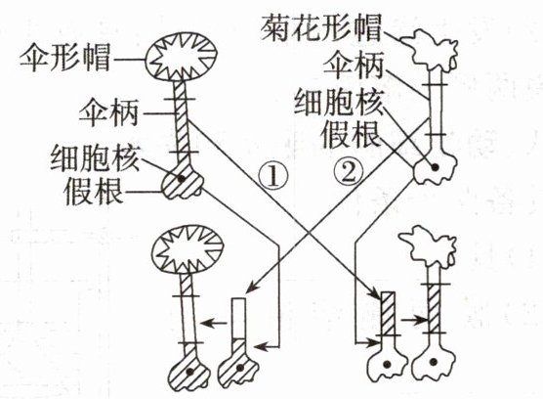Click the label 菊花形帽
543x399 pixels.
[321, 27]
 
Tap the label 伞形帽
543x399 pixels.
[65, 58]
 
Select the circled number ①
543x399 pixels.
[273, 176]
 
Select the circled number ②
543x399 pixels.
[350, 170]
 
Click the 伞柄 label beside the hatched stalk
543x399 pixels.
[108, 112]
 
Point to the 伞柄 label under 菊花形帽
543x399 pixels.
[354, 66]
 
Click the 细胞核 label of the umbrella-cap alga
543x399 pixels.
[96, 159]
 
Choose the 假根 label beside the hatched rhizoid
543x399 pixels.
[94, 192]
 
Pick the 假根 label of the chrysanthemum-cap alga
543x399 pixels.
[352, 136]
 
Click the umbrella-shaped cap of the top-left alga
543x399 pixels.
[181, 57]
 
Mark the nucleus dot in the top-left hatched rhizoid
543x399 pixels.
[181, 179]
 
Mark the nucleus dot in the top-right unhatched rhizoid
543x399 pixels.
[435, 167]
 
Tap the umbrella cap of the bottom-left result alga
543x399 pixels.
[188, 249]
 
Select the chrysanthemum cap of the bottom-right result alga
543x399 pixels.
[428, 244]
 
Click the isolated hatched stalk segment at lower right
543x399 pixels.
[388, 314]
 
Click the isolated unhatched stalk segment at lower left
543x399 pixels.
[239, 318]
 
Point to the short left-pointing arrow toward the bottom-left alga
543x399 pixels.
[213, 324]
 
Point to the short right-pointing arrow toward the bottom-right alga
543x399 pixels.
[413, 320]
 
